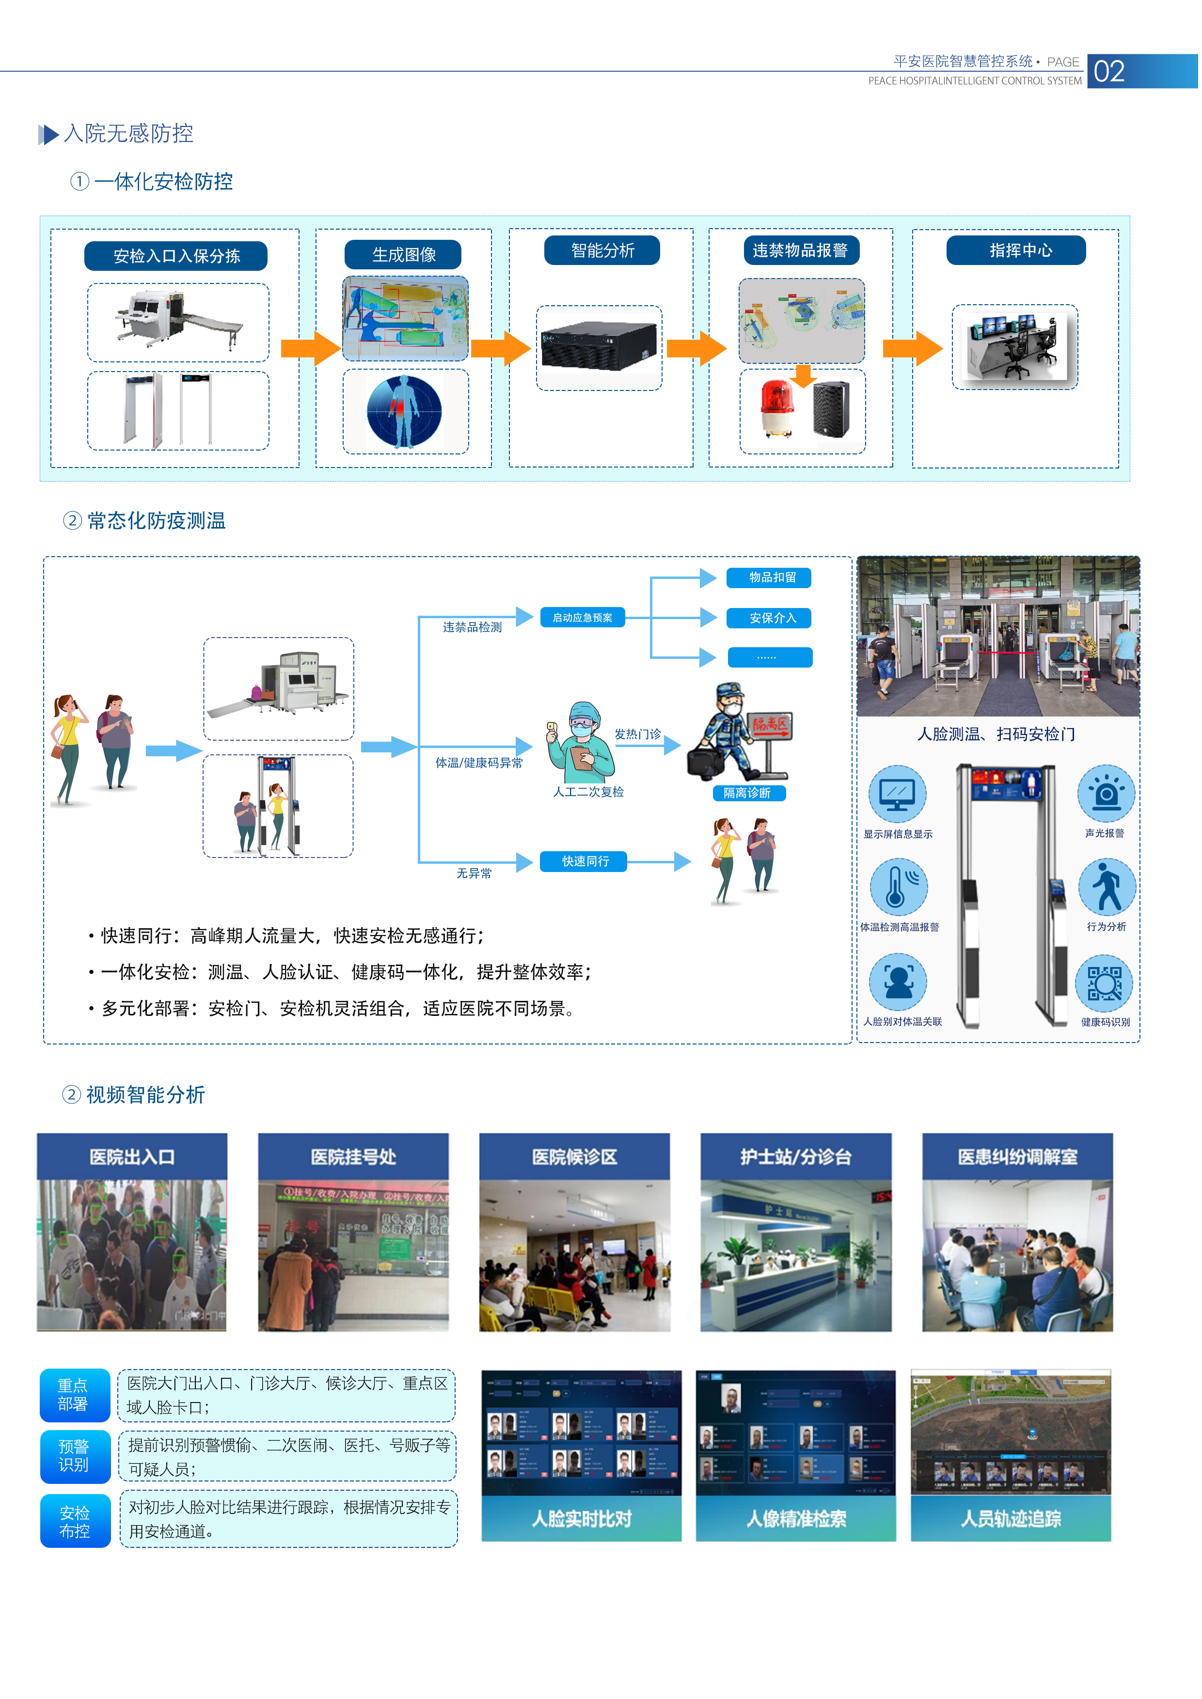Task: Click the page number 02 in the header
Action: (x=1109, y=72)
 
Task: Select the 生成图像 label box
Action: (x=403, y=254)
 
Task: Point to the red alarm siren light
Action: (x=776, y=408)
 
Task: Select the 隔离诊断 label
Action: (x=747, y=793)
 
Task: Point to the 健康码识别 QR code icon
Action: (x=1104, y=984)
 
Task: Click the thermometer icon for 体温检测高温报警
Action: (x=898, y=887)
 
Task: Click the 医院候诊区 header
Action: (x=574, y=1156)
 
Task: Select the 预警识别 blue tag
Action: (x=74, y=1455)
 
